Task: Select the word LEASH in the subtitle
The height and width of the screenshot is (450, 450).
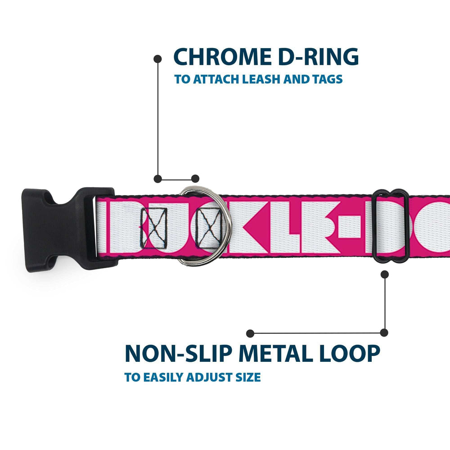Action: [x=260, y=80]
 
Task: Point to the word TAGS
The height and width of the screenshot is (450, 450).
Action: [x=327, y=80]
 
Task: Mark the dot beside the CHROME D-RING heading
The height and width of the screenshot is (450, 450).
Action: [x=157, y=58]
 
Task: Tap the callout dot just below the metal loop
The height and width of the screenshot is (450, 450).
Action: [x=384, y=274]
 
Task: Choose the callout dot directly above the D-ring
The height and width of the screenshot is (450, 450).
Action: [x=195, y=179]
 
